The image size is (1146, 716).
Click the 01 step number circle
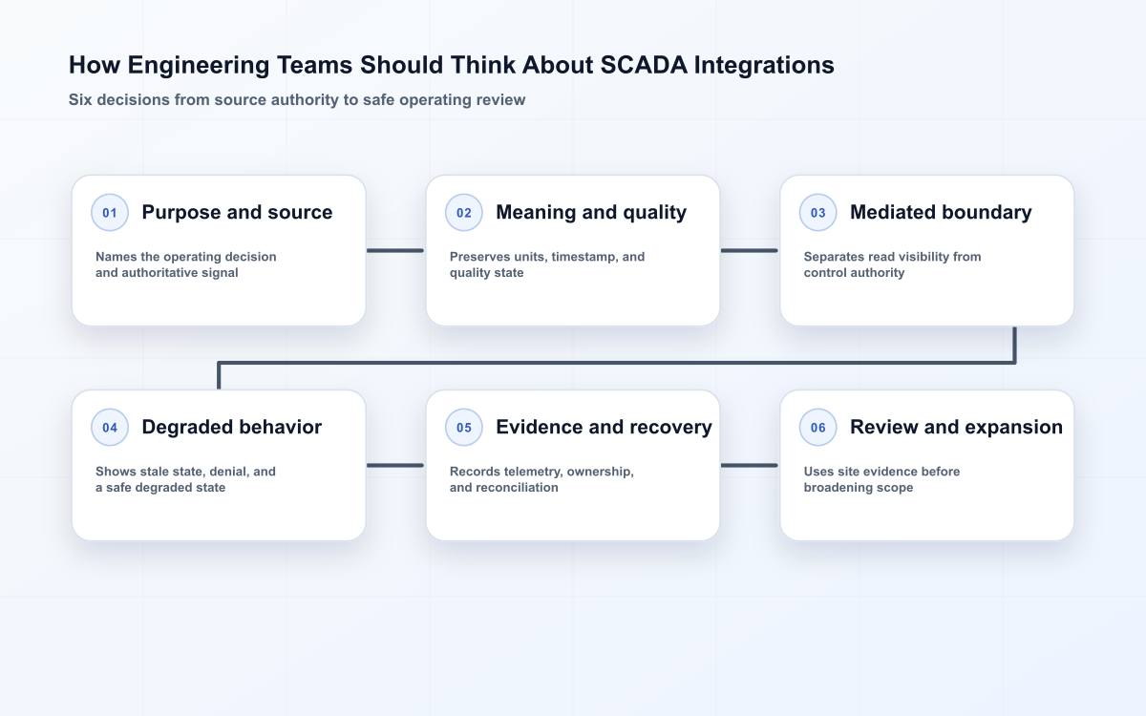coord(110,212)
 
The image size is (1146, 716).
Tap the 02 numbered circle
coord(463,212)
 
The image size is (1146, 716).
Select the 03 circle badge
coord(817,212)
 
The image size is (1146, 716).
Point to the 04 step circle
coord(110,427)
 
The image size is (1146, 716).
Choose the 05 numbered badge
coord(463,427)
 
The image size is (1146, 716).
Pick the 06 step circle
coord(817,427)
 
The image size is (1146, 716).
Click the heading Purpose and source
coord(237,212)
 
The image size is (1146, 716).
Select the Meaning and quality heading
coord(591,212)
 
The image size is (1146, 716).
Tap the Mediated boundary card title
coord(941,212)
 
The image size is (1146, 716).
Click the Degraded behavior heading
coord(231,427)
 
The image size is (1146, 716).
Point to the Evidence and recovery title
coord(604,427)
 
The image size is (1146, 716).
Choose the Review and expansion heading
coord(956,427)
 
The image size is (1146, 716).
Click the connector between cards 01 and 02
coord(395,250)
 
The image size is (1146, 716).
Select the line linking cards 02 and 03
coord(749,250)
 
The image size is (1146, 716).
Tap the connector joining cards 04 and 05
coord(395,466)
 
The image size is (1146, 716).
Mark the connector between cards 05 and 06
coord(749,466)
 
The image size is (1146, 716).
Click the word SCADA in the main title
coord(643,66)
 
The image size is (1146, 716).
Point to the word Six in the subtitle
coord(80,99)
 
